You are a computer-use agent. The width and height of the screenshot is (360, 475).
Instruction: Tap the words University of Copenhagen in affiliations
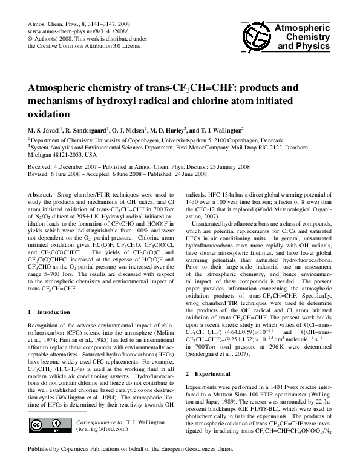(106, 139)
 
